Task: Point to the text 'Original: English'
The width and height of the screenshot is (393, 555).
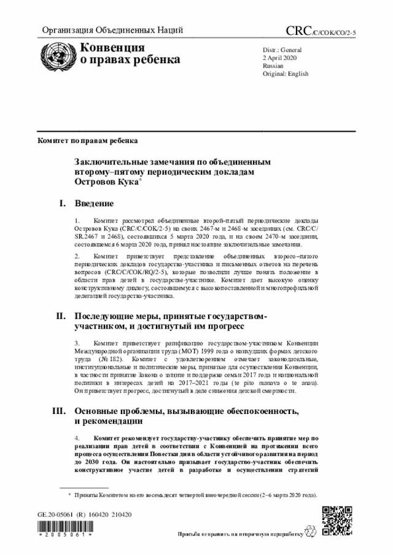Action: tap(286, 73)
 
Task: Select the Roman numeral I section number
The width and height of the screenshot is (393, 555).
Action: tap(61, 202)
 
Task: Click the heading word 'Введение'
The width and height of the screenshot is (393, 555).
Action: tap(94, 202)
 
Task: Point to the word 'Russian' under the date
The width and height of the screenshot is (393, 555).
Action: tap(273, 64)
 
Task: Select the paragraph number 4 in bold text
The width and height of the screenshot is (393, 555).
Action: tap(76, 439)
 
